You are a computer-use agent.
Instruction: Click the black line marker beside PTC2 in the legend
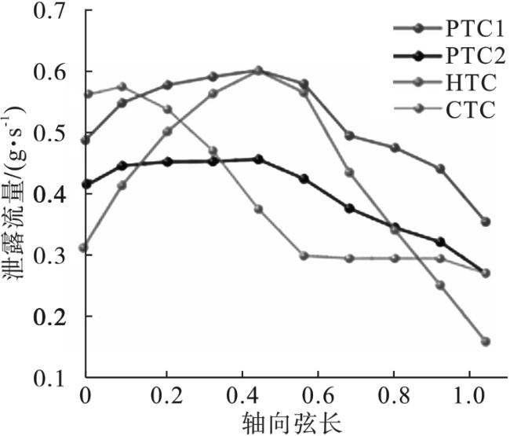click(417, 57)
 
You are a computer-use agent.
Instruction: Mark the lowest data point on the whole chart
click(485, 342)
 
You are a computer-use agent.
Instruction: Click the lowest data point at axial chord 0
click(85, 247)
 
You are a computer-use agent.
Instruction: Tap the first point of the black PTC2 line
click(85, 185)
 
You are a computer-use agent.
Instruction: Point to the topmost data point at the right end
click(485, 222)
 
